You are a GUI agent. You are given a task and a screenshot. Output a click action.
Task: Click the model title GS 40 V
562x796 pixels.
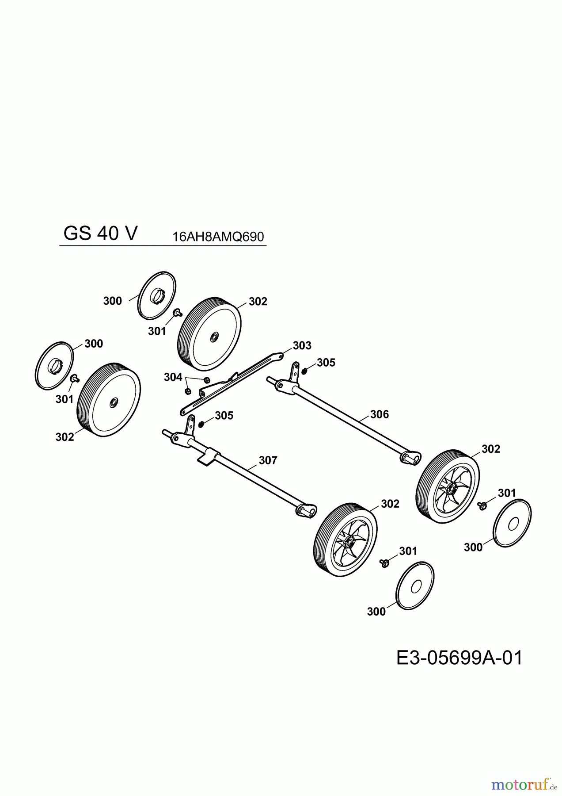pyautogui.click(x=100, y=233)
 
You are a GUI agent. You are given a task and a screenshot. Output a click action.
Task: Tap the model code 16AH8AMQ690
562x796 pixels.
pyautogui.click(x=218, y=237)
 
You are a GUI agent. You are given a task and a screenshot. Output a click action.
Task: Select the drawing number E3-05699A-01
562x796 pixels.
pyautogui.click(x=459, y=658)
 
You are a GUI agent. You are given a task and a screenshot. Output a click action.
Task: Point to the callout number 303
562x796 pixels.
pyautogui.click(x=302, y=345)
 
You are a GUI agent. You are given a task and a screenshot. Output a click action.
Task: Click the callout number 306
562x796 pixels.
pyautogui.click(x=379, y=414)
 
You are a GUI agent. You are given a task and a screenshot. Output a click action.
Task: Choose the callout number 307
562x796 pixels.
pyautogui.click(x=268, y=460)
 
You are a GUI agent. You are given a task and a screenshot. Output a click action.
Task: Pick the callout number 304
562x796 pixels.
pyautogui.click(x=173, y=377)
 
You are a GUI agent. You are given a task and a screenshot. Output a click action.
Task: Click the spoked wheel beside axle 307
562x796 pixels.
pyautogui.click(x=345, y=540)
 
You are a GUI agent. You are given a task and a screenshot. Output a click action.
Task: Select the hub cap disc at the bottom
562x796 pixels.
pyautogui.click(x=415, y=587)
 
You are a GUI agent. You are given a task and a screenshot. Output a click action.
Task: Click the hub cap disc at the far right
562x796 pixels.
pyautogui.click(x=513, y=524)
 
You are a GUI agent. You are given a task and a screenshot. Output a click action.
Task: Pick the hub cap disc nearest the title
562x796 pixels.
pyautogui.click(x=156, y=295)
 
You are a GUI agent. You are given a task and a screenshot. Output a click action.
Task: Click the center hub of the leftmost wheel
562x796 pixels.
pyautogui.click(x=113, y=402)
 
